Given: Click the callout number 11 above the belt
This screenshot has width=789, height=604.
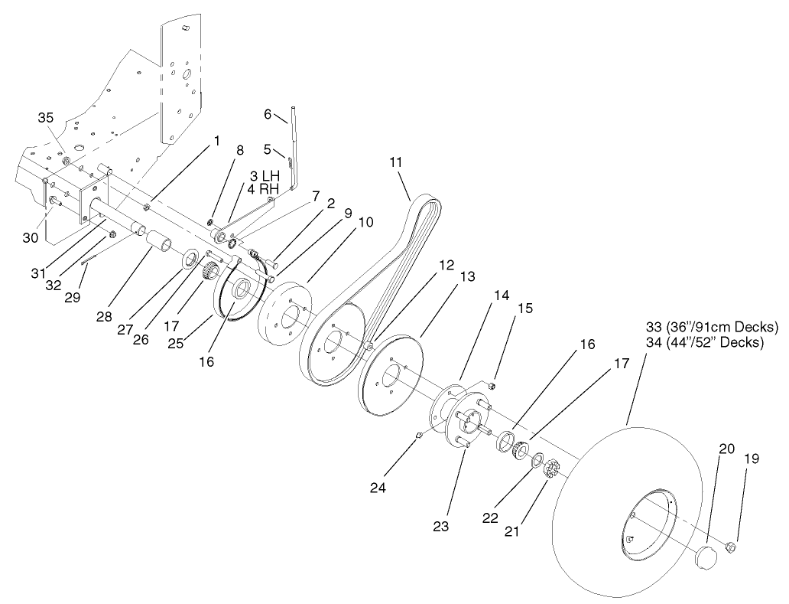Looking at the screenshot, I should point(395,162).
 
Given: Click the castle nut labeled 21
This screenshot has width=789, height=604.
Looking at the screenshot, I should point(552,468).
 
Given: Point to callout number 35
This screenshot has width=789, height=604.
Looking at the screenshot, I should point(47,117).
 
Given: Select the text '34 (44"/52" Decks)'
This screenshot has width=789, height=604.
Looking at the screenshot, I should point(704,342).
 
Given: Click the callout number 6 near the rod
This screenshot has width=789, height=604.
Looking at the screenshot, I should point(268,114).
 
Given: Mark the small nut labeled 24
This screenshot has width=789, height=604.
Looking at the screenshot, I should point(419,436).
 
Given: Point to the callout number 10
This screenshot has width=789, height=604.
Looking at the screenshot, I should point(365,222).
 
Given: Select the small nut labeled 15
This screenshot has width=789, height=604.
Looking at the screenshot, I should point(494,384).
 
